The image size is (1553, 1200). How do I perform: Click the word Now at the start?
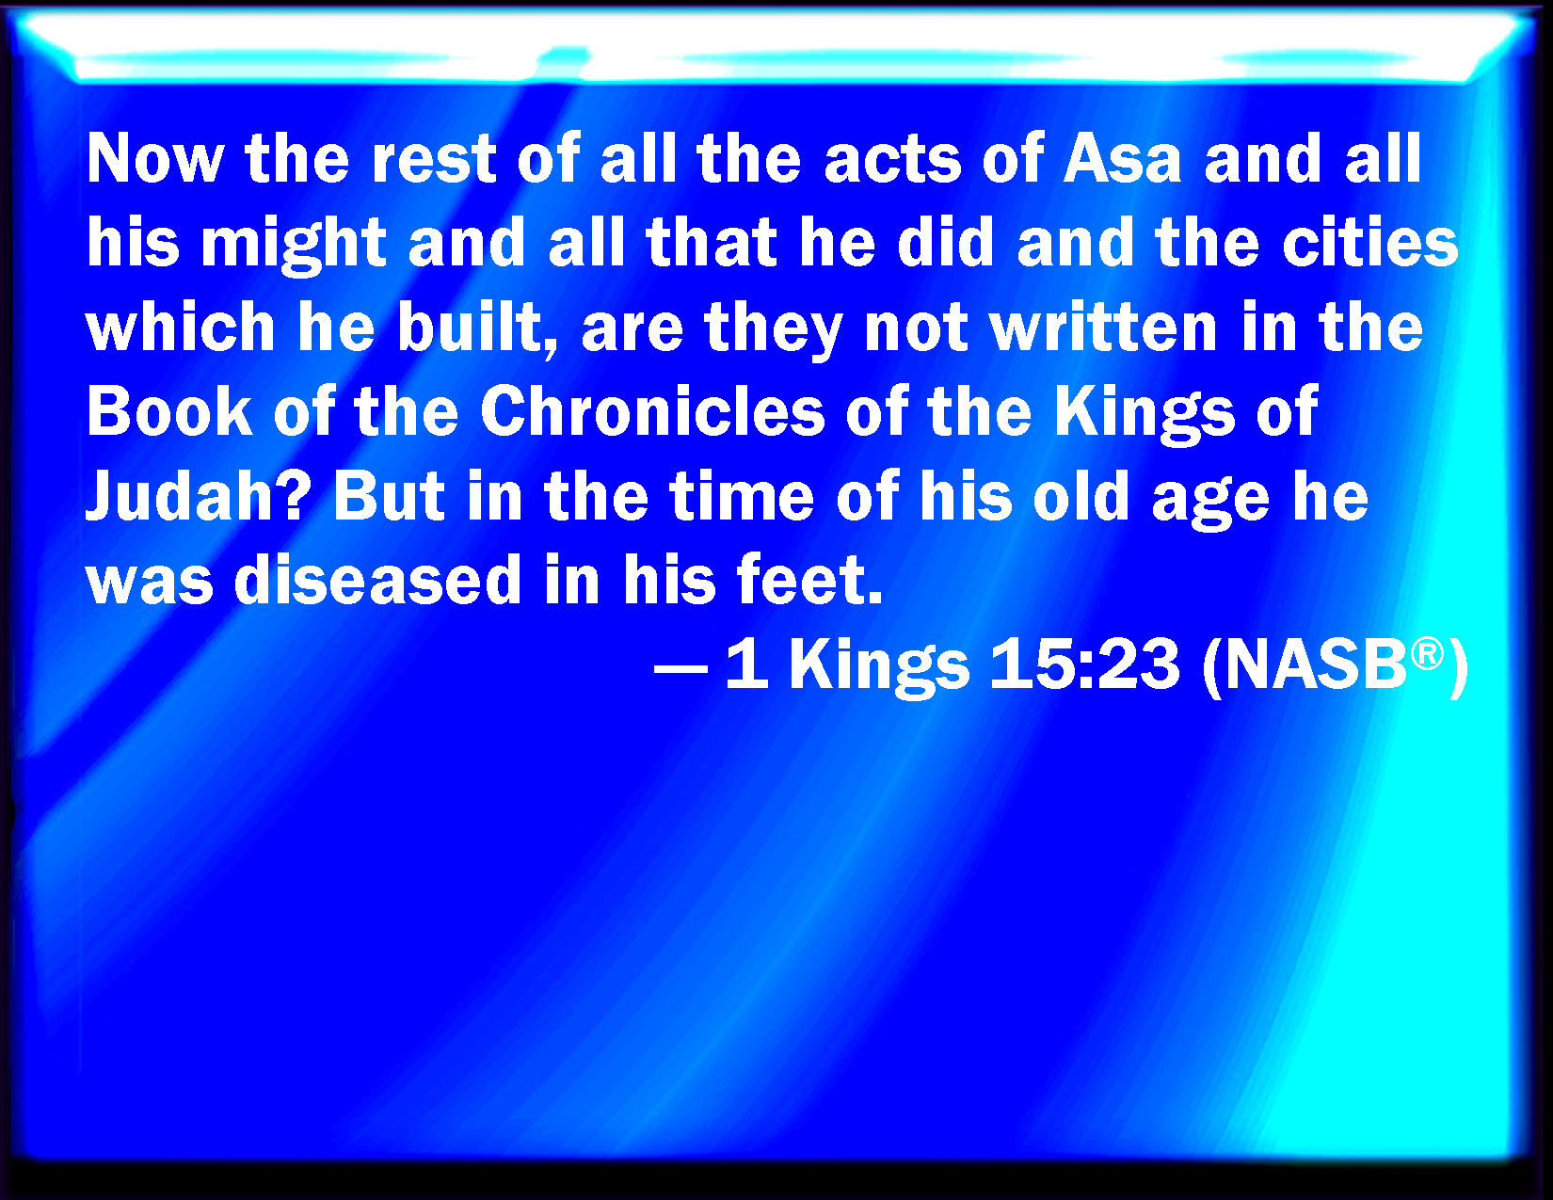[155, 159]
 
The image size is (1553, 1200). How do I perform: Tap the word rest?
[434, 159]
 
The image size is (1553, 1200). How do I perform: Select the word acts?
[892, 160]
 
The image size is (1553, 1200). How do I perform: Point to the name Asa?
[1122, 159]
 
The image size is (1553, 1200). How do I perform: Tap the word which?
[181, 328]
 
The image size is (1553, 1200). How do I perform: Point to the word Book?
[169, 410]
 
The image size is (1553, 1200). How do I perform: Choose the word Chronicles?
[652, 410]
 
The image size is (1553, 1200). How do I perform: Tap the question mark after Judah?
[293, 494]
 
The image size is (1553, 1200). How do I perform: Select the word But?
[389, 494]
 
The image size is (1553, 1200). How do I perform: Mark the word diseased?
[377, 579]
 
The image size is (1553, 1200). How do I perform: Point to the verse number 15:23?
[1084, 664]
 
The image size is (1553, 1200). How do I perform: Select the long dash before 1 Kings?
[681, 670]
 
